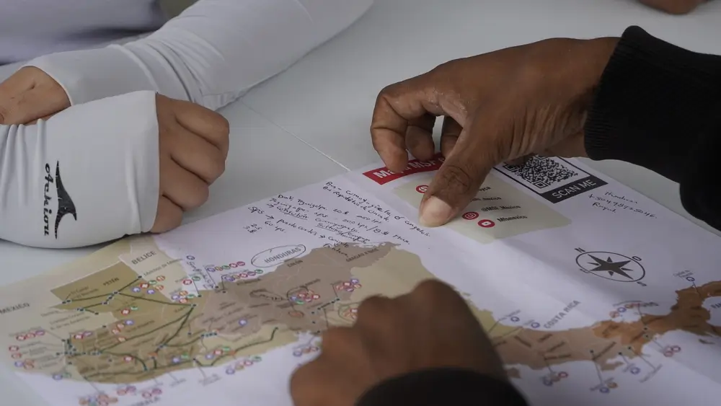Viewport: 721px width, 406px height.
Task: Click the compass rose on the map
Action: (611, 265)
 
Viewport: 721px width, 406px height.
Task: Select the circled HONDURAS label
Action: (278, 256)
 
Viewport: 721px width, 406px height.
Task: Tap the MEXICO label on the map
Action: (14, 308)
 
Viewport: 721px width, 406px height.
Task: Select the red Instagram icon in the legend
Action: (470, 215)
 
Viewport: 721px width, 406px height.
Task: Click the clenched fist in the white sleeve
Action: (189, 159)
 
